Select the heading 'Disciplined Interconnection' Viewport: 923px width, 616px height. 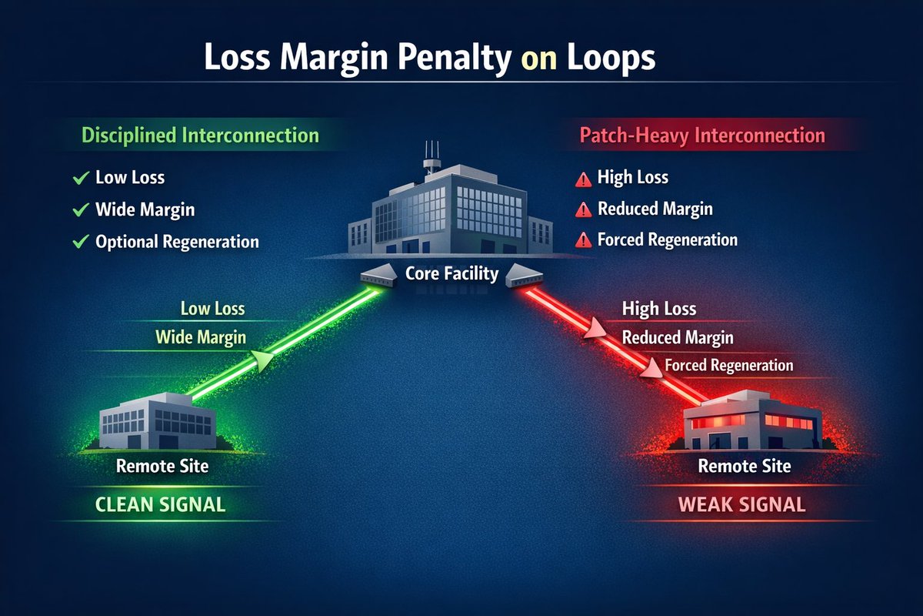point(200,136)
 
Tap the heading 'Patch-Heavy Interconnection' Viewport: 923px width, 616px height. point(701,136)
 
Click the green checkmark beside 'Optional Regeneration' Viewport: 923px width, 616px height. point(79,242)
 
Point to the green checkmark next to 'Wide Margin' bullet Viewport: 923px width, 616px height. point(79,209)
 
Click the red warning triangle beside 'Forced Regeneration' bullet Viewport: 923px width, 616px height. point(583,240)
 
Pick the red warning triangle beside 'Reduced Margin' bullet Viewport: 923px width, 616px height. point(583,209)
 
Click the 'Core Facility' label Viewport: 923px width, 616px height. point(452,273)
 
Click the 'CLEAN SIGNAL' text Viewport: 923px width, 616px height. point(160,505)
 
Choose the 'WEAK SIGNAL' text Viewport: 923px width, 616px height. point(741,505)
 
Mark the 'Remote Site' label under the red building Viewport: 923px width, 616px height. point(744,466)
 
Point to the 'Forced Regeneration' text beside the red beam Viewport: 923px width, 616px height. point(728,365)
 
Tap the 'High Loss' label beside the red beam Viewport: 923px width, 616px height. point(658,310)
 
